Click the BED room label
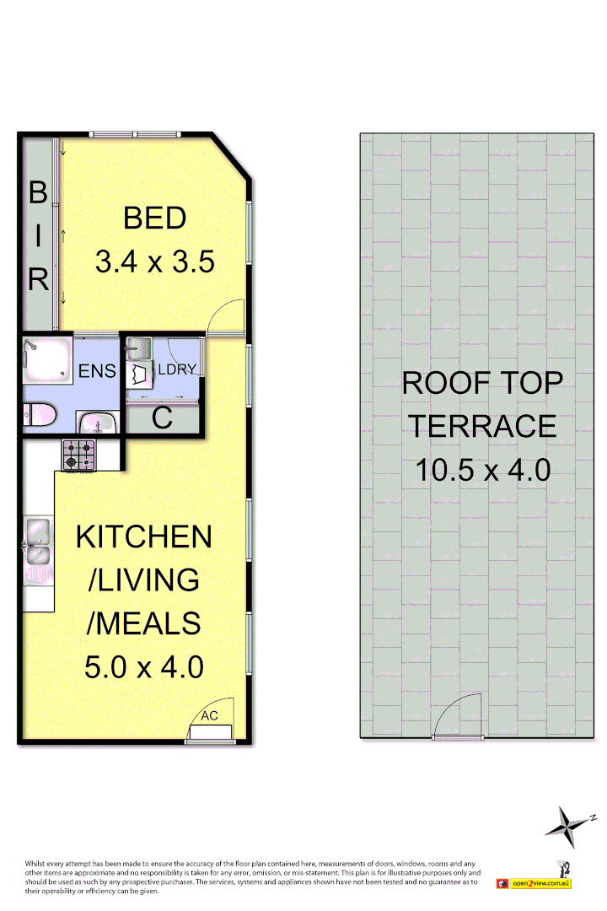[x=154, y=218]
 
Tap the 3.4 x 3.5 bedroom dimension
[x=154, y=261]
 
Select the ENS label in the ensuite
[x=97, y=371]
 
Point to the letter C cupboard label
[x=162, y=418]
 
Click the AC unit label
[x=209, y=716]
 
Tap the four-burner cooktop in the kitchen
[x=78, y=455]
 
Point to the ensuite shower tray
[x=46, y=361]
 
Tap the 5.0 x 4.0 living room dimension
[x=144, y=667]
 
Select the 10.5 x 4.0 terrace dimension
[x=482, y=469]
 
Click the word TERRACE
[x=482, y=426]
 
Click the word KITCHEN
[x=144, y=536]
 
